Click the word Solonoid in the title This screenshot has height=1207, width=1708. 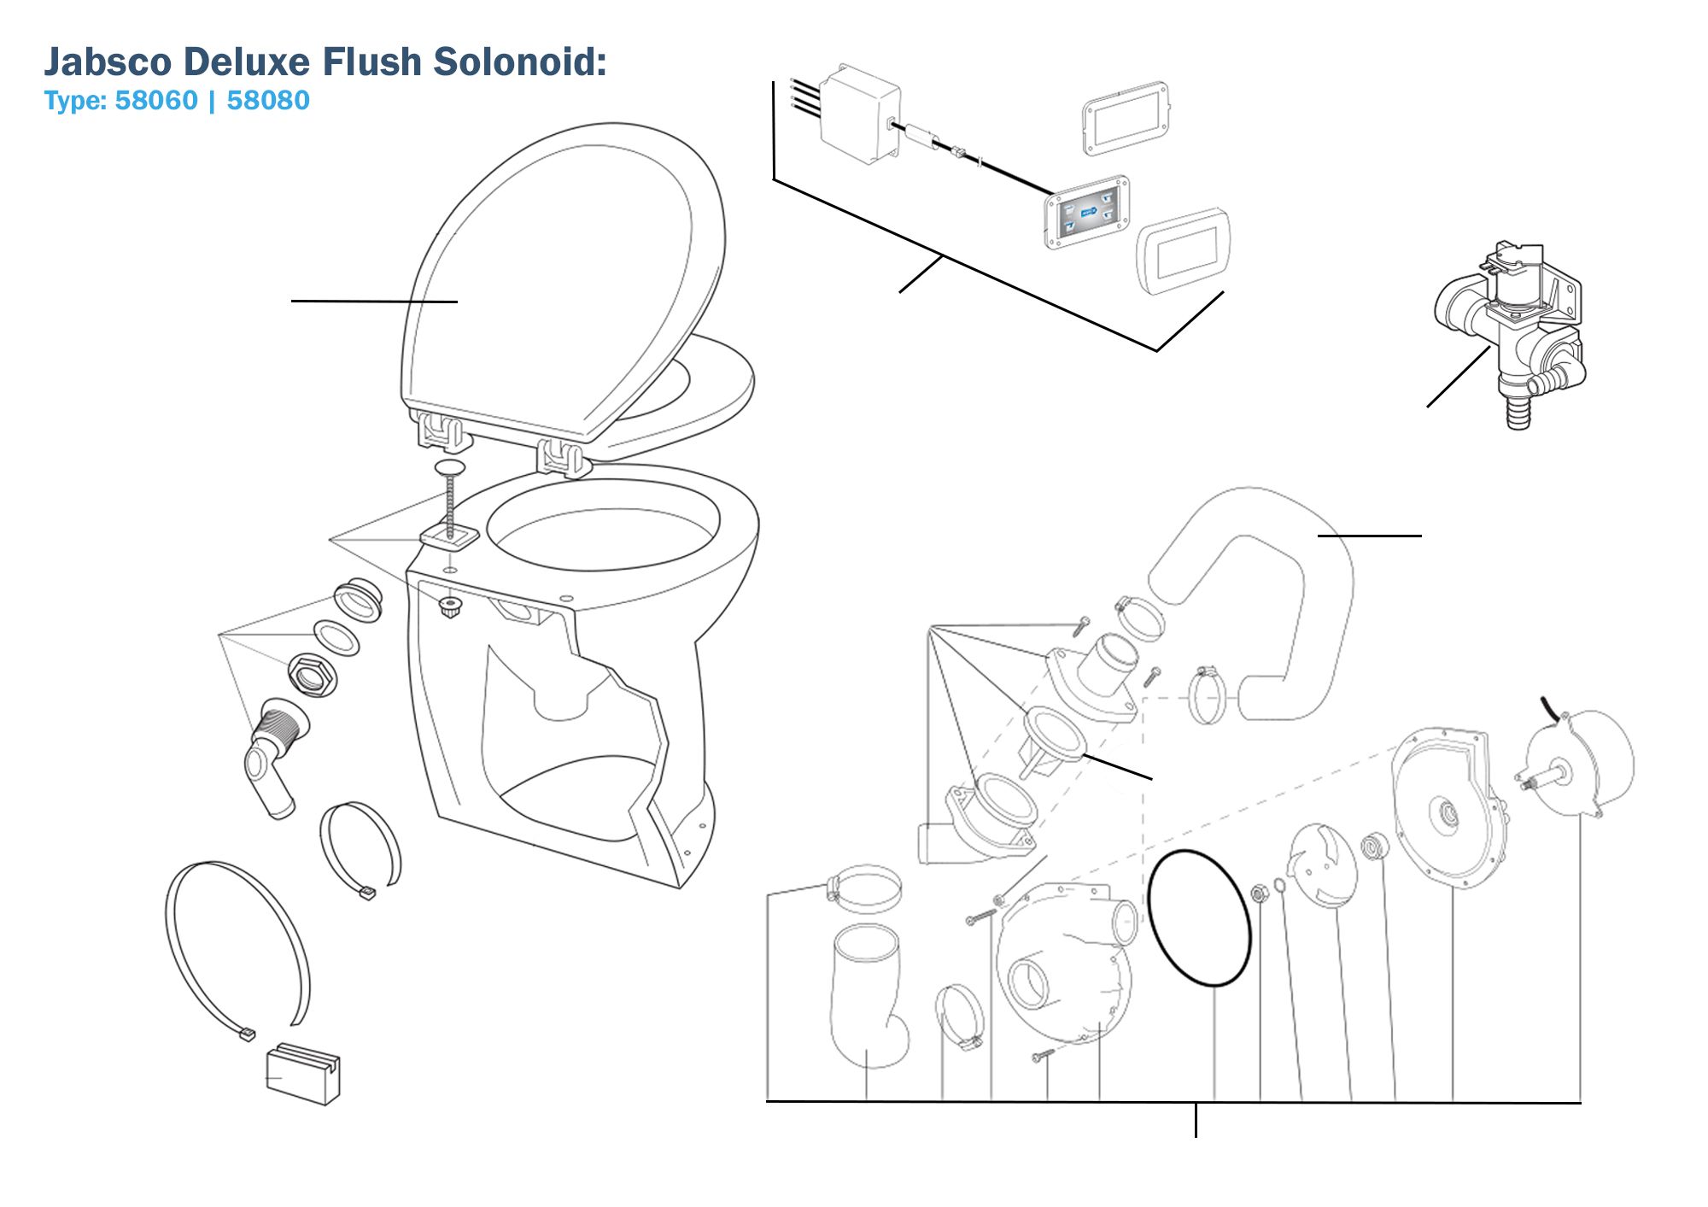pyautogui.click(x=519, y=62)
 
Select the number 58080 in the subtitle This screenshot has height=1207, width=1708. pyautogui.click(x=267, y=101)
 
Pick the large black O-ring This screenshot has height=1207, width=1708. pyautogui.click(x=1199, y=918)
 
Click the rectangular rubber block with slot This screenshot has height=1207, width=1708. pyautogui.click(x=303, y=1075)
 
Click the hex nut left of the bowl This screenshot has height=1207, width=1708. pyautogui.click(x=312, y=676)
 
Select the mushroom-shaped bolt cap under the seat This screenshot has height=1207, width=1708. pyautogui.click(x=449, y=467)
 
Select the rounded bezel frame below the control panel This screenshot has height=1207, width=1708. pyautogui.click(x=1183, y=250)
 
